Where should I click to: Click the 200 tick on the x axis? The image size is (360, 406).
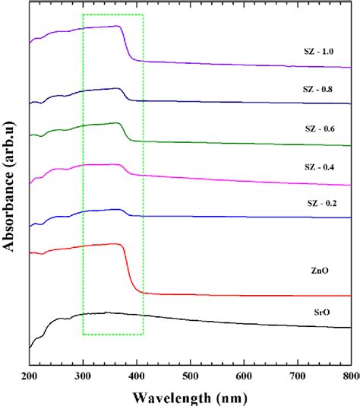tap(30, 376)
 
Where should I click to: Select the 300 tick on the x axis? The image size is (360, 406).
tap(83, 376)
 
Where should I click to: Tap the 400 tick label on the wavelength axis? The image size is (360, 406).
tap(137, 376)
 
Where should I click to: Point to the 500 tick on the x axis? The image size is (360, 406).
tap(190, 376)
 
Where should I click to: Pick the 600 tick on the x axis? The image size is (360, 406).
tap(244, 376)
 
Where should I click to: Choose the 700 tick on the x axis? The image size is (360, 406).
tap(297, 376)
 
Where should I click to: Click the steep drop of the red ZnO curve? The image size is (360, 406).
tap(128, 270)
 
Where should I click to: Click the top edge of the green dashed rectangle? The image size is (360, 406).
tap(112, 14)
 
